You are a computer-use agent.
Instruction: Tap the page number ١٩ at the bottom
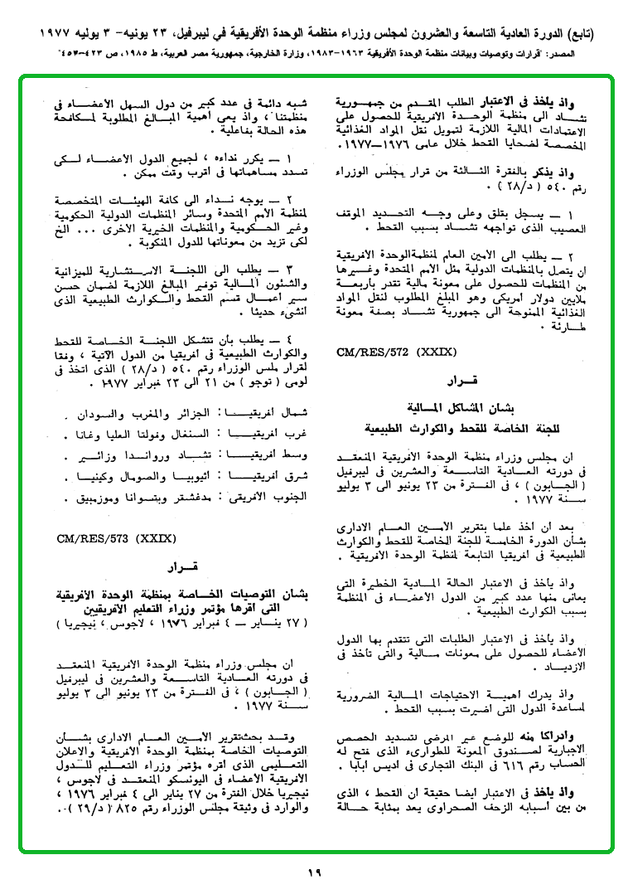pos(313,872)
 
